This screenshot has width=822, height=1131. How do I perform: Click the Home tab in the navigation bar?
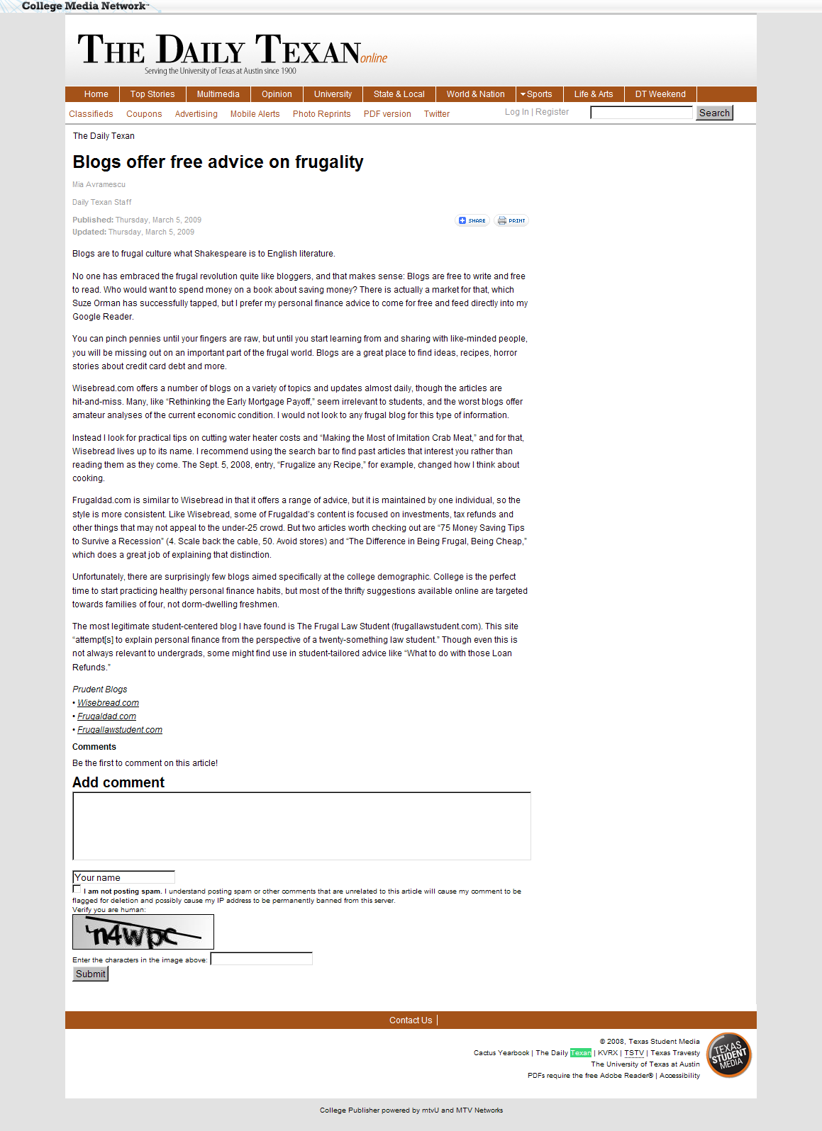(96, 94)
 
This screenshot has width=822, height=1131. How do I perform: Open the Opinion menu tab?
(277, 94)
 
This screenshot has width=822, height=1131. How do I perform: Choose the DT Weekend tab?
(660, 94)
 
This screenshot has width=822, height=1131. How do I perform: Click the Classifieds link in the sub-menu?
(91, 114)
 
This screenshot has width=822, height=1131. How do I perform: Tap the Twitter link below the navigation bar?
(437, 114)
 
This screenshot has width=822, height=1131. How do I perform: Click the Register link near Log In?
(552, 112)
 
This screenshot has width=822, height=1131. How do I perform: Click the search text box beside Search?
(641, 113)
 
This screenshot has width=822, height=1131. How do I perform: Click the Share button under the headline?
(472, 220)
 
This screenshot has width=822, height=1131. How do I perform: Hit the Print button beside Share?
(511, 220)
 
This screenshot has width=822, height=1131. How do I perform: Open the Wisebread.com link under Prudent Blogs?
(108, 703)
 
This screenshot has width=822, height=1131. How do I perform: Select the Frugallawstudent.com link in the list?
(120, 730)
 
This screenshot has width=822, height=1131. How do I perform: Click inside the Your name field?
(123, 877)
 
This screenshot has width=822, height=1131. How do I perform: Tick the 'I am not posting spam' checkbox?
(77, 889)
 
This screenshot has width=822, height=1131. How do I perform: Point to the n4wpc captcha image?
(143, 932)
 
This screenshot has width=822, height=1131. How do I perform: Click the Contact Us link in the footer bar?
(410, 1020)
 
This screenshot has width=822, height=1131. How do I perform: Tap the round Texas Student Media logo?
(729, 1055)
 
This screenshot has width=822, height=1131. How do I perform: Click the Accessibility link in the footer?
(679, 1076)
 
